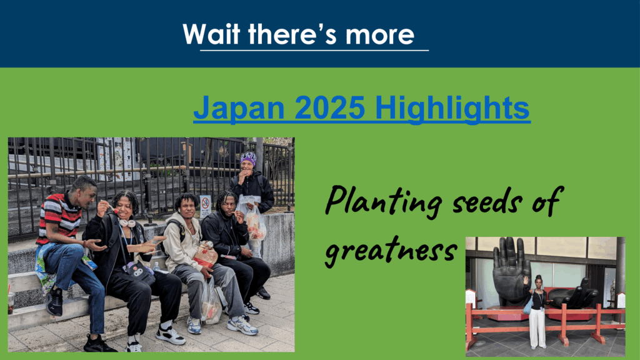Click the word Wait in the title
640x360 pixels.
click(x=211, y=34)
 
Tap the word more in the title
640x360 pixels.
click(x=379, y=35)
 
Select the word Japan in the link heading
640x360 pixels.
click(x=239, y=108)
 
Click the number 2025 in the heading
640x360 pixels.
click(x=329, y=107)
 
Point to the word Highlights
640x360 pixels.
click(x=452, y=108)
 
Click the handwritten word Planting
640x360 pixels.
click(x=383, y=201)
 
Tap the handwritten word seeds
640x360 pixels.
click(x=487, y=201)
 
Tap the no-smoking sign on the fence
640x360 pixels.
click(x=205, y=206)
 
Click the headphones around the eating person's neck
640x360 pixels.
click(x=127, y=222)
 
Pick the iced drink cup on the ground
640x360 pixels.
click(x=11, y=302)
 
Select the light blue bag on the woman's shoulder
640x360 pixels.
click(x=528, y=305)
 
